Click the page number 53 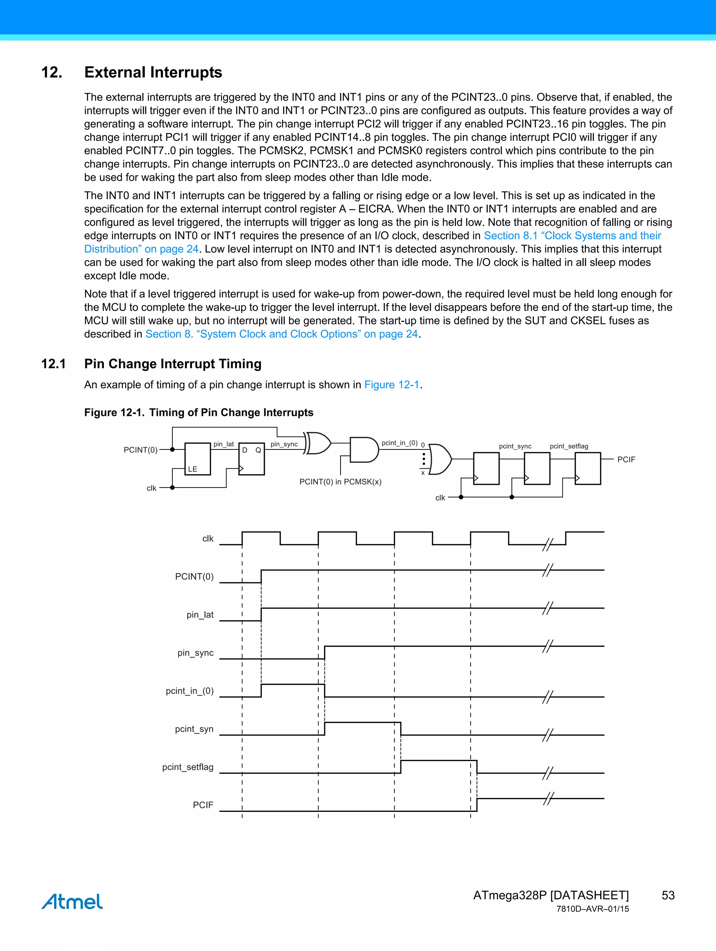pos(668,895)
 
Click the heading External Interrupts pos(153,72)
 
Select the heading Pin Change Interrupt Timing pos(173,364)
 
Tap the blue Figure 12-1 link pos(392,384)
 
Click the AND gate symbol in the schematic pos(364,450)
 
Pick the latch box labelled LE pos(198,459)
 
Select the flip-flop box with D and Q pos(252,459)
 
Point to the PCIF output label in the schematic pos(626,460)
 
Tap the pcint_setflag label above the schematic pos(568,446)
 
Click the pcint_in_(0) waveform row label pos(189,691)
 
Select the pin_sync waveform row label pos(195,653)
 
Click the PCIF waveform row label pos(203,805)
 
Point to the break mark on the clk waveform pos(547,544)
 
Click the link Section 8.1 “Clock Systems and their pos(572,236)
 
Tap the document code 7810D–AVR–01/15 pos(592,909)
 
